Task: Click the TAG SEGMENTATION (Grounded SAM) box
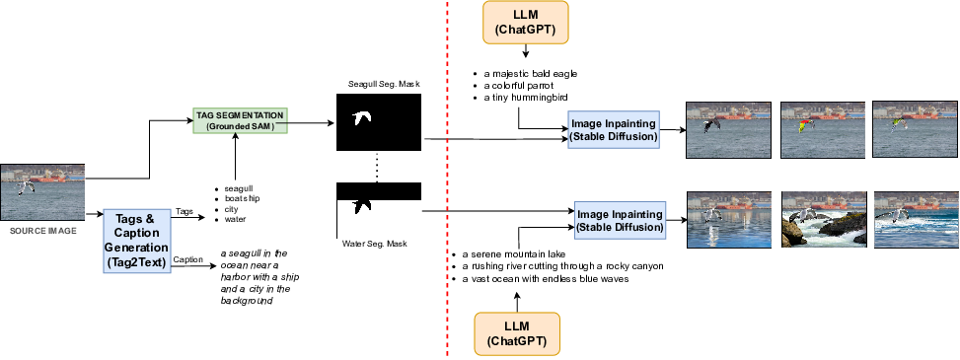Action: click(240, 121)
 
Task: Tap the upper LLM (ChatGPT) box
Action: click(518, 23)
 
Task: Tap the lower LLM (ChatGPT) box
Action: click(518, 333)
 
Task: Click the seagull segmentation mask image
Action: click(379, 121)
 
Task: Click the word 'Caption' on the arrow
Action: click(187, 260)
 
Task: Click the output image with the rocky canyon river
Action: click(822, 219)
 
